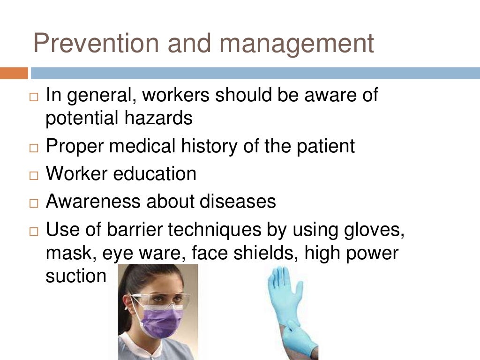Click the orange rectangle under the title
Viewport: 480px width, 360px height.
[x=14, y=73]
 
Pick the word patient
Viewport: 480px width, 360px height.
[x=325, y=146]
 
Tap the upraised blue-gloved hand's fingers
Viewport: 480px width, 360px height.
[x=277, y=281]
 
